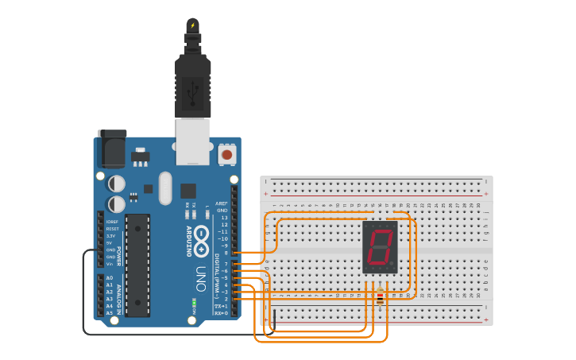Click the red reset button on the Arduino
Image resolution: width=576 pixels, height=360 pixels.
pyautogui.click(x=227, y=154)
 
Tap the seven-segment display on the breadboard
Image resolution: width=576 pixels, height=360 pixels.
pyautogui.click(x=380, y=247)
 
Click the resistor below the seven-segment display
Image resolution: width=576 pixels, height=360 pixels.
pyautogui.click(x=380, y=297)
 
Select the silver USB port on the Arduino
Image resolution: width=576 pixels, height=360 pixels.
pyautogui.click(x=193, y=141)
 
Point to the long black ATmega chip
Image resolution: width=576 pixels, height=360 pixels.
pyautogui.click(x=137, y=265)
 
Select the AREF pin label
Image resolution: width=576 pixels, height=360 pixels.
pyautogui.click(x=222, y=203)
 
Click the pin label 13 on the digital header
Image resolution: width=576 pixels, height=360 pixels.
pyautogui.click(x=224, y=217)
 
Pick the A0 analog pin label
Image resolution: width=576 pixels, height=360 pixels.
pyautogui.click(x=109, y=277)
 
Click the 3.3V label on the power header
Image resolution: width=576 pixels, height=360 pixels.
pyautogui.click(x=110, y=236)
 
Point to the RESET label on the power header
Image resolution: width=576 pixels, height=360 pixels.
pyautogui.click(x=112, y=229)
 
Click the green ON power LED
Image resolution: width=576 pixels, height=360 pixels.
pyautogui.click(x=195, y=304)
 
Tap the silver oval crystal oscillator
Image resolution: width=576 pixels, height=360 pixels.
pyautogui.click(x=165, y=188)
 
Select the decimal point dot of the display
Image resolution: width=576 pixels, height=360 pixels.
pyautogui.click(x=392, y=265)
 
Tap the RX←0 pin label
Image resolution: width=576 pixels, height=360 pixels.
pyautogui.click(x=222, y=313)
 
